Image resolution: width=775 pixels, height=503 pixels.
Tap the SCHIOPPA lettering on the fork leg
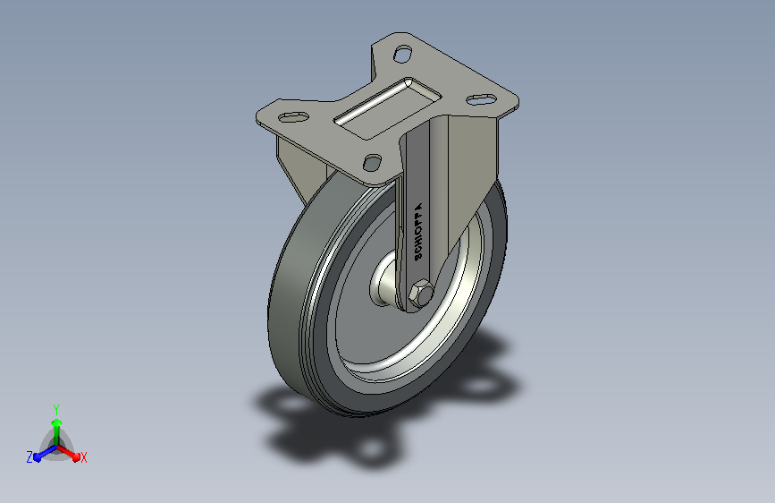click(418, 232)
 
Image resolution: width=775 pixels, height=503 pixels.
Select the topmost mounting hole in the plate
click(403, 54)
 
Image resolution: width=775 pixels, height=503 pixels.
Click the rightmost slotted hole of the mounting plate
click(482, 99)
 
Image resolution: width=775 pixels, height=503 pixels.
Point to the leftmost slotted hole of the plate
click(293, 117)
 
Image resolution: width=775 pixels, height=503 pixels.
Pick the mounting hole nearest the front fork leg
click(372, 162)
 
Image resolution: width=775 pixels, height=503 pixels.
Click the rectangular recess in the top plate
click(388, 108)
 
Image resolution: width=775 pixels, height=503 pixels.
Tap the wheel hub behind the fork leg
click(383, 280)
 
